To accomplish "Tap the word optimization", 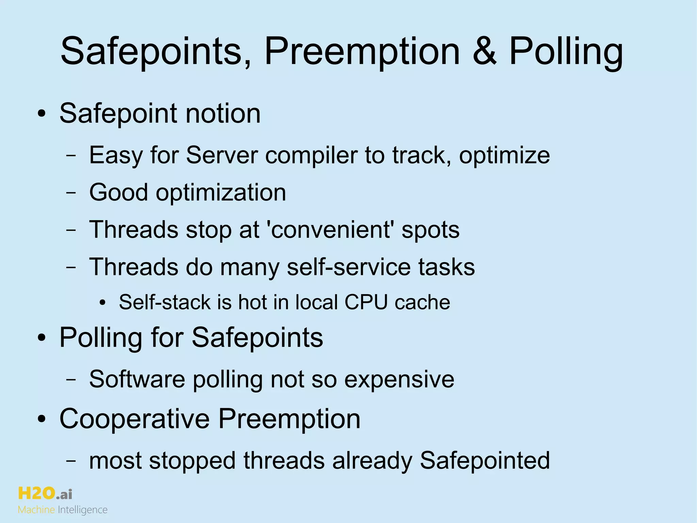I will (221, 193).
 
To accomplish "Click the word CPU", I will (366, 302).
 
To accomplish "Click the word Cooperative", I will (134, 419).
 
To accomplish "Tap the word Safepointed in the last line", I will (485, 460).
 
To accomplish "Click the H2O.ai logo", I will (45, 493).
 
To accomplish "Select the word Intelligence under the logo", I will (83, 510).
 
